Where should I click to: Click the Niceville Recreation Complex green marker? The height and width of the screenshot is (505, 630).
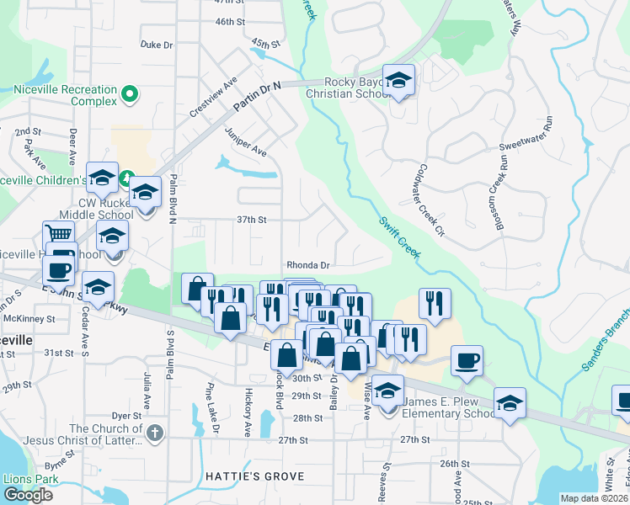pyautogui.click(x=130, y=94)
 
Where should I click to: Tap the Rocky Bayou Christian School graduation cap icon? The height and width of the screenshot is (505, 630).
pyautogui.click(x=399, y=81)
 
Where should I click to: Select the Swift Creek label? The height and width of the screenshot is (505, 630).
pyautogui.click(x=399, y=237)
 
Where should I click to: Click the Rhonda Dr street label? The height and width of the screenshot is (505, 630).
pyautogui.click(x=307, y=264)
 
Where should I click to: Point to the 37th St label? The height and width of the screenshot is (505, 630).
pyautogui.click(x=251, y=220)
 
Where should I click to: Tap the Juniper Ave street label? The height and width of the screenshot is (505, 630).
pyautogui.click(x=246, y=142)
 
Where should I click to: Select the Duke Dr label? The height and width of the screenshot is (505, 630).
pyautogui.click(x=157, y=45)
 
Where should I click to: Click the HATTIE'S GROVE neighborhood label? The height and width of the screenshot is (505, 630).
pyautogui.click(x=254, y=476)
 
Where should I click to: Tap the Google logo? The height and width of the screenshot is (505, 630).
pyautogui.click(x=29, y=495)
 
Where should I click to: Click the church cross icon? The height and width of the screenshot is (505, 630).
pyautogui.click(x=153, y=433)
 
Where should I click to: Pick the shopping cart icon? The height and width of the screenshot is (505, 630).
pyautogui.click(x=58, y=234)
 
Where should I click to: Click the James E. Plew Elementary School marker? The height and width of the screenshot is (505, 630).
pyautogui.click(x=388, y=391)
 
